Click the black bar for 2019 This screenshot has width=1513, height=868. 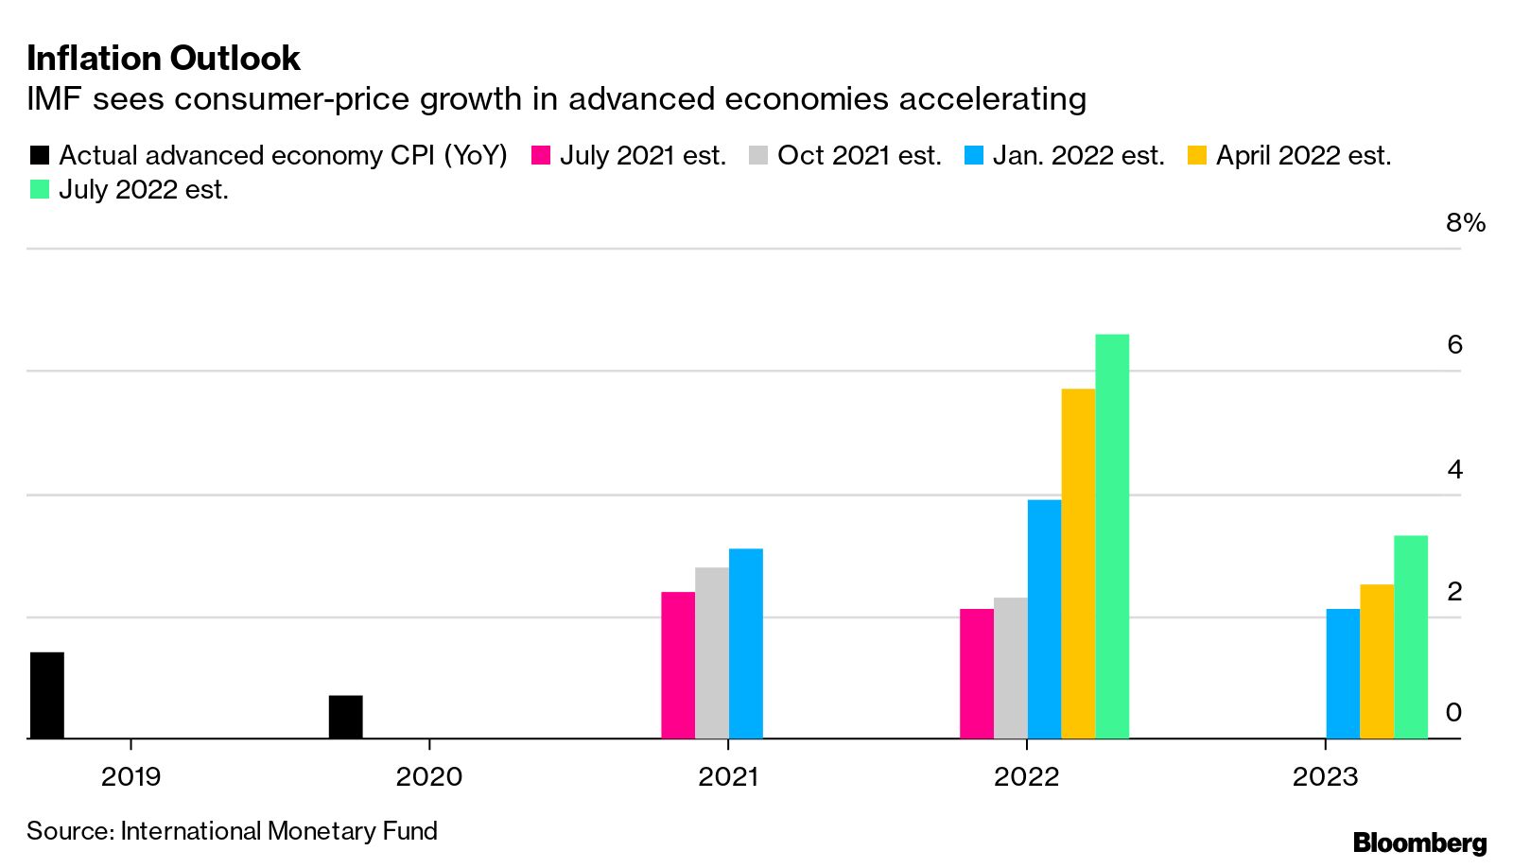(x=47, y=695)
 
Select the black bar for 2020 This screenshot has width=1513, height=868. (x=345, y=717)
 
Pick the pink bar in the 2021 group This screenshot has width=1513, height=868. (x=678, y=665)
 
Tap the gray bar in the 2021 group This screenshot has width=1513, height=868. (x=712, y=652)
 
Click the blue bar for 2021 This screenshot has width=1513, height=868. (x=745, y=643)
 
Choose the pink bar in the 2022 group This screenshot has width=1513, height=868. (x=977, y=673)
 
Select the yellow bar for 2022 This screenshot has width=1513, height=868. (x=1078, y=564)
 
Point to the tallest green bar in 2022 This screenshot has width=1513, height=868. (x=1112, y=536)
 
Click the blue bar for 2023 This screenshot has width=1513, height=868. (x=1343, y=673)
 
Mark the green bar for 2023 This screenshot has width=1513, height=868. (x=1411, y=636)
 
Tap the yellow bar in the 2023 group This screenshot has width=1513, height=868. (x=1377, y=661)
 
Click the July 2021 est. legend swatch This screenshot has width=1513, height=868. (x=541, y=156)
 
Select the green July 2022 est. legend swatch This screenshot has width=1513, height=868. (x=39, y=190)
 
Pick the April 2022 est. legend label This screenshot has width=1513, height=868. (x=1303, y=155)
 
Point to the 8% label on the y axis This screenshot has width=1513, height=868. (x=1465, y=223)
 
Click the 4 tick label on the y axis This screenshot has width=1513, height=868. (x=1454, y=469)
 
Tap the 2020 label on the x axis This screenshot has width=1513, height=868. (x=429, y=777)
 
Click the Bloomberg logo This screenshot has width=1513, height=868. (x=1419, y=842)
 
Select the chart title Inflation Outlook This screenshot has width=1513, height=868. (x=164, y=59)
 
